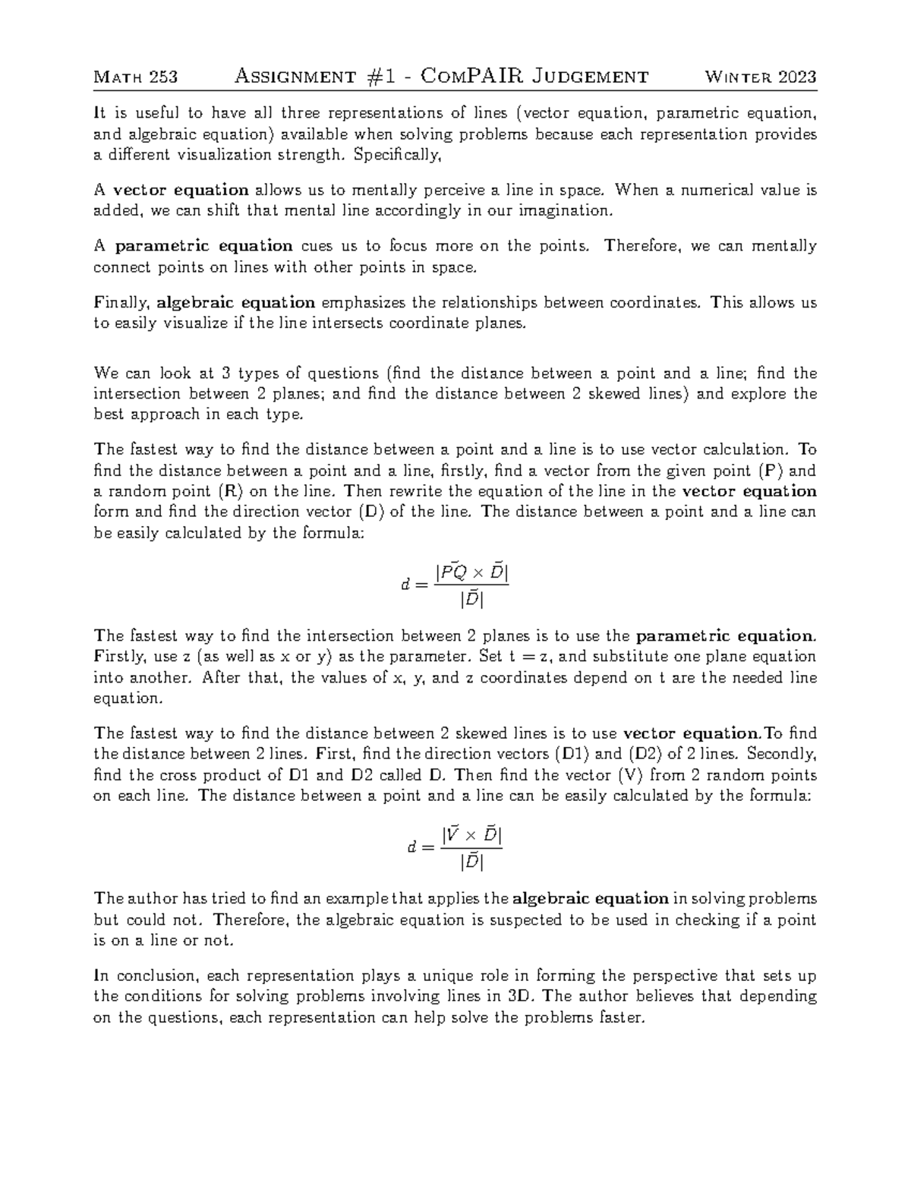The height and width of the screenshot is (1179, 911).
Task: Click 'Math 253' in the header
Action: (x=135, y=77)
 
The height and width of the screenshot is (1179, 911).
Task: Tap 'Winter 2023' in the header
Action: (x=761, y=77)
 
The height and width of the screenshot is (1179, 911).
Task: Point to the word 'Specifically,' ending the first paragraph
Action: (x=396, y=155)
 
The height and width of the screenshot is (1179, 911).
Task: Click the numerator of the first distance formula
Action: (x=471, y=573)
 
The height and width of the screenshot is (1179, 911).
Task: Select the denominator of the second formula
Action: (x=471, y=863)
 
